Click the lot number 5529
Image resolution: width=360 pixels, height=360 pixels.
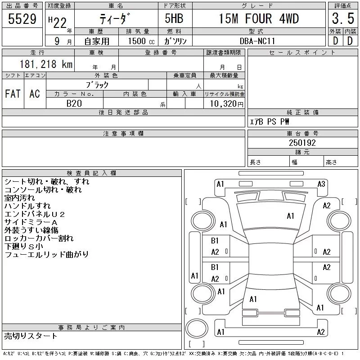(x=22, y=18)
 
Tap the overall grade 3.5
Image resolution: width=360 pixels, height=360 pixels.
(x=343, y=18)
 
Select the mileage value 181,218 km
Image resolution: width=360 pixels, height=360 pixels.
(x=46, y=64)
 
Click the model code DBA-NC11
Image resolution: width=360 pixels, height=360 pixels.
(x=257, y=41)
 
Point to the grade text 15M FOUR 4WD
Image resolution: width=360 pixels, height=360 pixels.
(x=259, y=18)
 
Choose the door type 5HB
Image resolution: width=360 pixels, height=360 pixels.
(x=174, y=18)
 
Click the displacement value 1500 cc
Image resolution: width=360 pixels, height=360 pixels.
(x=141, y=41)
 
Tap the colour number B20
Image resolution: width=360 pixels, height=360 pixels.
(x=74, y=103)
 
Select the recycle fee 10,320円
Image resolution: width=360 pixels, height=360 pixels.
(x=226, y=104)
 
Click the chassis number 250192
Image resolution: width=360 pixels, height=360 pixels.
(x=302, y=143)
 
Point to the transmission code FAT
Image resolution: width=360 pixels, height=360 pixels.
(x=13, y=94)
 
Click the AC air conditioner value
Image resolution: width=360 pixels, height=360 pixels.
(x=35, y=94)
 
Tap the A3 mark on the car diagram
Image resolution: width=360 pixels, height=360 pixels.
(x=321, y=184)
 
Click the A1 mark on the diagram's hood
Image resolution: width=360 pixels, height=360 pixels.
(x=290, y=216)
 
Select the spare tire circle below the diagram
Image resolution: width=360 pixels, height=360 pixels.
(x=197, y=328)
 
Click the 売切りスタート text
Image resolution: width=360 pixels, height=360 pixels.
(x=31, y=336)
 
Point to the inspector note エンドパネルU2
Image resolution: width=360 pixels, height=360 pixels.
(x=35, y=214)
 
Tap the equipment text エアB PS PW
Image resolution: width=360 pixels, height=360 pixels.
(x=269, y=121)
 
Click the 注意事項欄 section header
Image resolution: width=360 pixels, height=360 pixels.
(x=123, y=133)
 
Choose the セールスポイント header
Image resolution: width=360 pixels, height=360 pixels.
(x=302, y=53)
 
